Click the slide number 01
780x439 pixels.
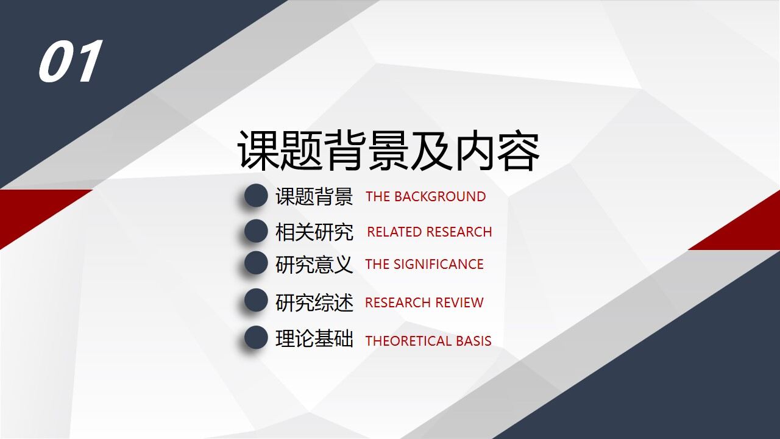(70, 62)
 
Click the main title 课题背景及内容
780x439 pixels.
(388, 151)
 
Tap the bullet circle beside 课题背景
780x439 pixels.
(256, 196)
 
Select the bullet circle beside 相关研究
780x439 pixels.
(256, 232)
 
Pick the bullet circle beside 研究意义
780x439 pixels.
(256, 263)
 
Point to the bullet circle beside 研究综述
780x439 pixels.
(256, 301)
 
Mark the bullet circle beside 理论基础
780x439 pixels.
(256, 338)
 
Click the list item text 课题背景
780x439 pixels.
(314, 197)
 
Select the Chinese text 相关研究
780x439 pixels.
(314, 232)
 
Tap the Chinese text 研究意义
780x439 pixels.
(314, 265)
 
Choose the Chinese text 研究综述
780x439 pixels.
(314, 302)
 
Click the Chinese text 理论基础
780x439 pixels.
(314, 339)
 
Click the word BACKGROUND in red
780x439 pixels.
(440, 197)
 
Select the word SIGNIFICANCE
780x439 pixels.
(438, 265)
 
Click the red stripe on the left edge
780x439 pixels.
(30, 210)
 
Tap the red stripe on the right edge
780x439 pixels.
(750, 226)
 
